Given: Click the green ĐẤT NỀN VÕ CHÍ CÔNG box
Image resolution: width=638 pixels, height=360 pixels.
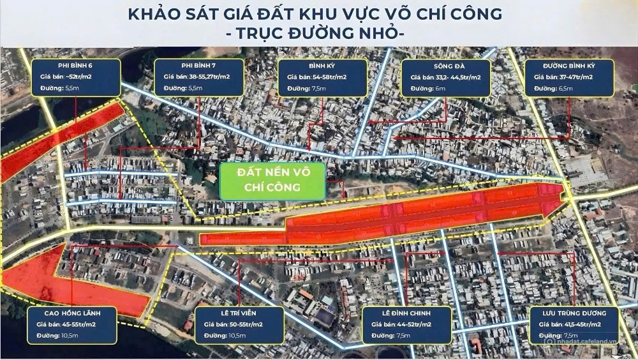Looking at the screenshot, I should (272, 181).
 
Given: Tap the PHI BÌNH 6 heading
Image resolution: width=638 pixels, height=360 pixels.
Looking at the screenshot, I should (75, 65).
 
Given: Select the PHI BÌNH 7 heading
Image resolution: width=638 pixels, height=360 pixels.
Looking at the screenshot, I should (199, 65).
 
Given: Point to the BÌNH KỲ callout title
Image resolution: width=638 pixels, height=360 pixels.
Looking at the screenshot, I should (322, 65).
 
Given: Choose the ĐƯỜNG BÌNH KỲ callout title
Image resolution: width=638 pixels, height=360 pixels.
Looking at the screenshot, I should (569, 65).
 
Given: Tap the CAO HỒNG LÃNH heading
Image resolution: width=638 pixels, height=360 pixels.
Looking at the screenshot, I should (72, 313).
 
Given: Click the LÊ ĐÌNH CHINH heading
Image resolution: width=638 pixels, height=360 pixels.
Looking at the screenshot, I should (406, 313).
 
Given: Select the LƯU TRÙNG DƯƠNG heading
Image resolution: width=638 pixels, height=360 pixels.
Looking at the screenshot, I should (573, 313).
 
